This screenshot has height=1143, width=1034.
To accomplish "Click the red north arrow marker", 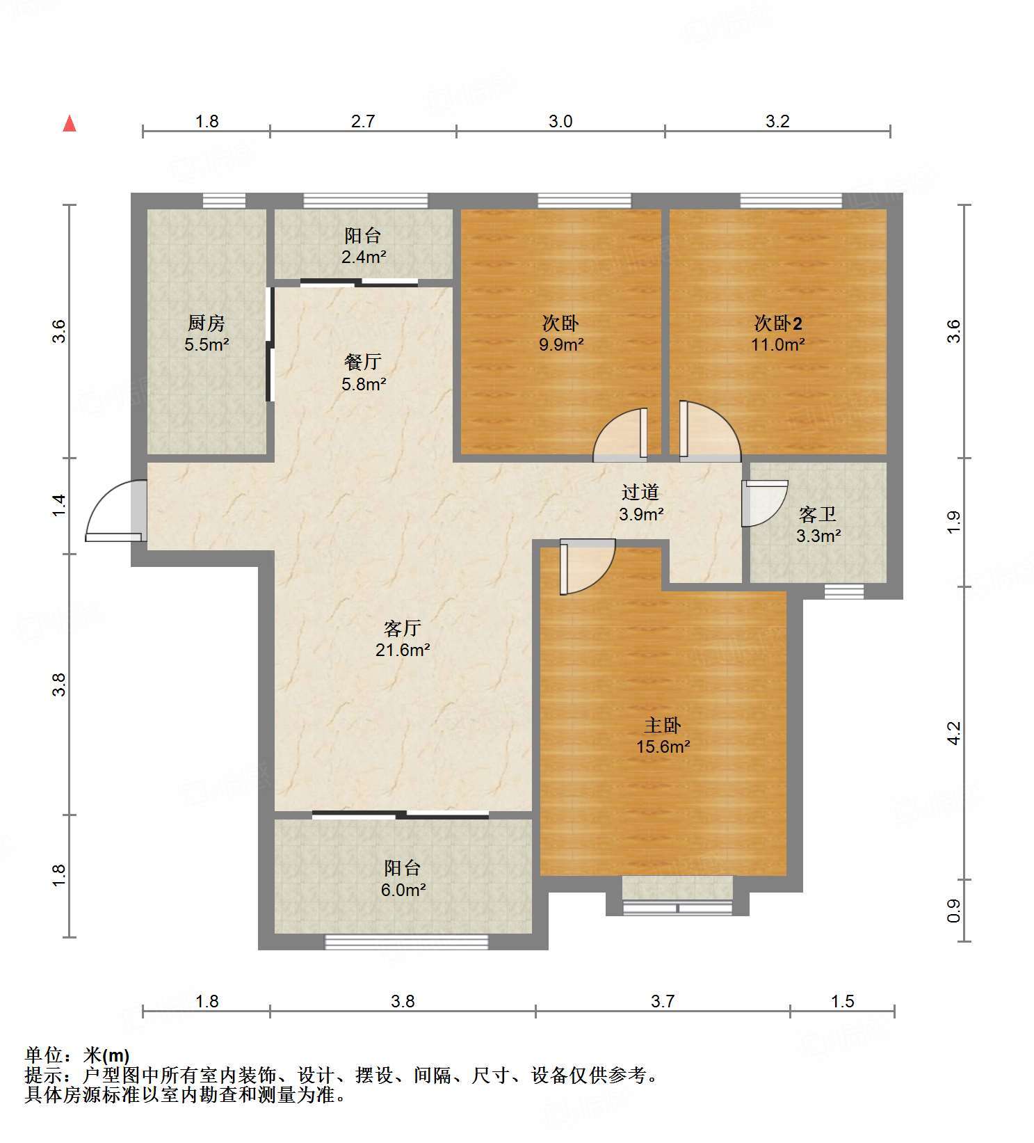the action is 70,124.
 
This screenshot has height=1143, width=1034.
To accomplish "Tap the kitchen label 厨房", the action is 207,323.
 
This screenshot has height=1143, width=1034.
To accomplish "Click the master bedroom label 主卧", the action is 662,725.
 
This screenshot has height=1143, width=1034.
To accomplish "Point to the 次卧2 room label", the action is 778,323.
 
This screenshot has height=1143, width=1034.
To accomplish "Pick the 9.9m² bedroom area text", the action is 560,344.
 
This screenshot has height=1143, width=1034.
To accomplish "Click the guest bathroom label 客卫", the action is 818,514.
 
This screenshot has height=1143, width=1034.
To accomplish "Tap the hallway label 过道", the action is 640,492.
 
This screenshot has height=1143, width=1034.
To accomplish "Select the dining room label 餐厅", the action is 363,362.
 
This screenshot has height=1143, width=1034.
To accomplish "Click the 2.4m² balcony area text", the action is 363,257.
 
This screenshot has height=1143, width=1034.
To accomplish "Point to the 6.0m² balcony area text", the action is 403,889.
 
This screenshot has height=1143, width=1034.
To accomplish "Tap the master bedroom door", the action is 586,566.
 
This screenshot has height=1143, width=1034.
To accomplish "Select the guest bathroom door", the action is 764,502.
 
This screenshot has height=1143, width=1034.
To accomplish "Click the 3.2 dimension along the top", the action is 777,121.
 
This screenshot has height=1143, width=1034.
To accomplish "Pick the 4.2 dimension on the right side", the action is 954,733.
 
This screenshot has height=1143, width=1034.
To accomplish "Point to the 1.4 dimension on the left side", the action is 60,504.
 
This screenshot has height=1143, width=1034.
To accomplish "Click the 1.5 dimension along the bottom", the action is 842,1001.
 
